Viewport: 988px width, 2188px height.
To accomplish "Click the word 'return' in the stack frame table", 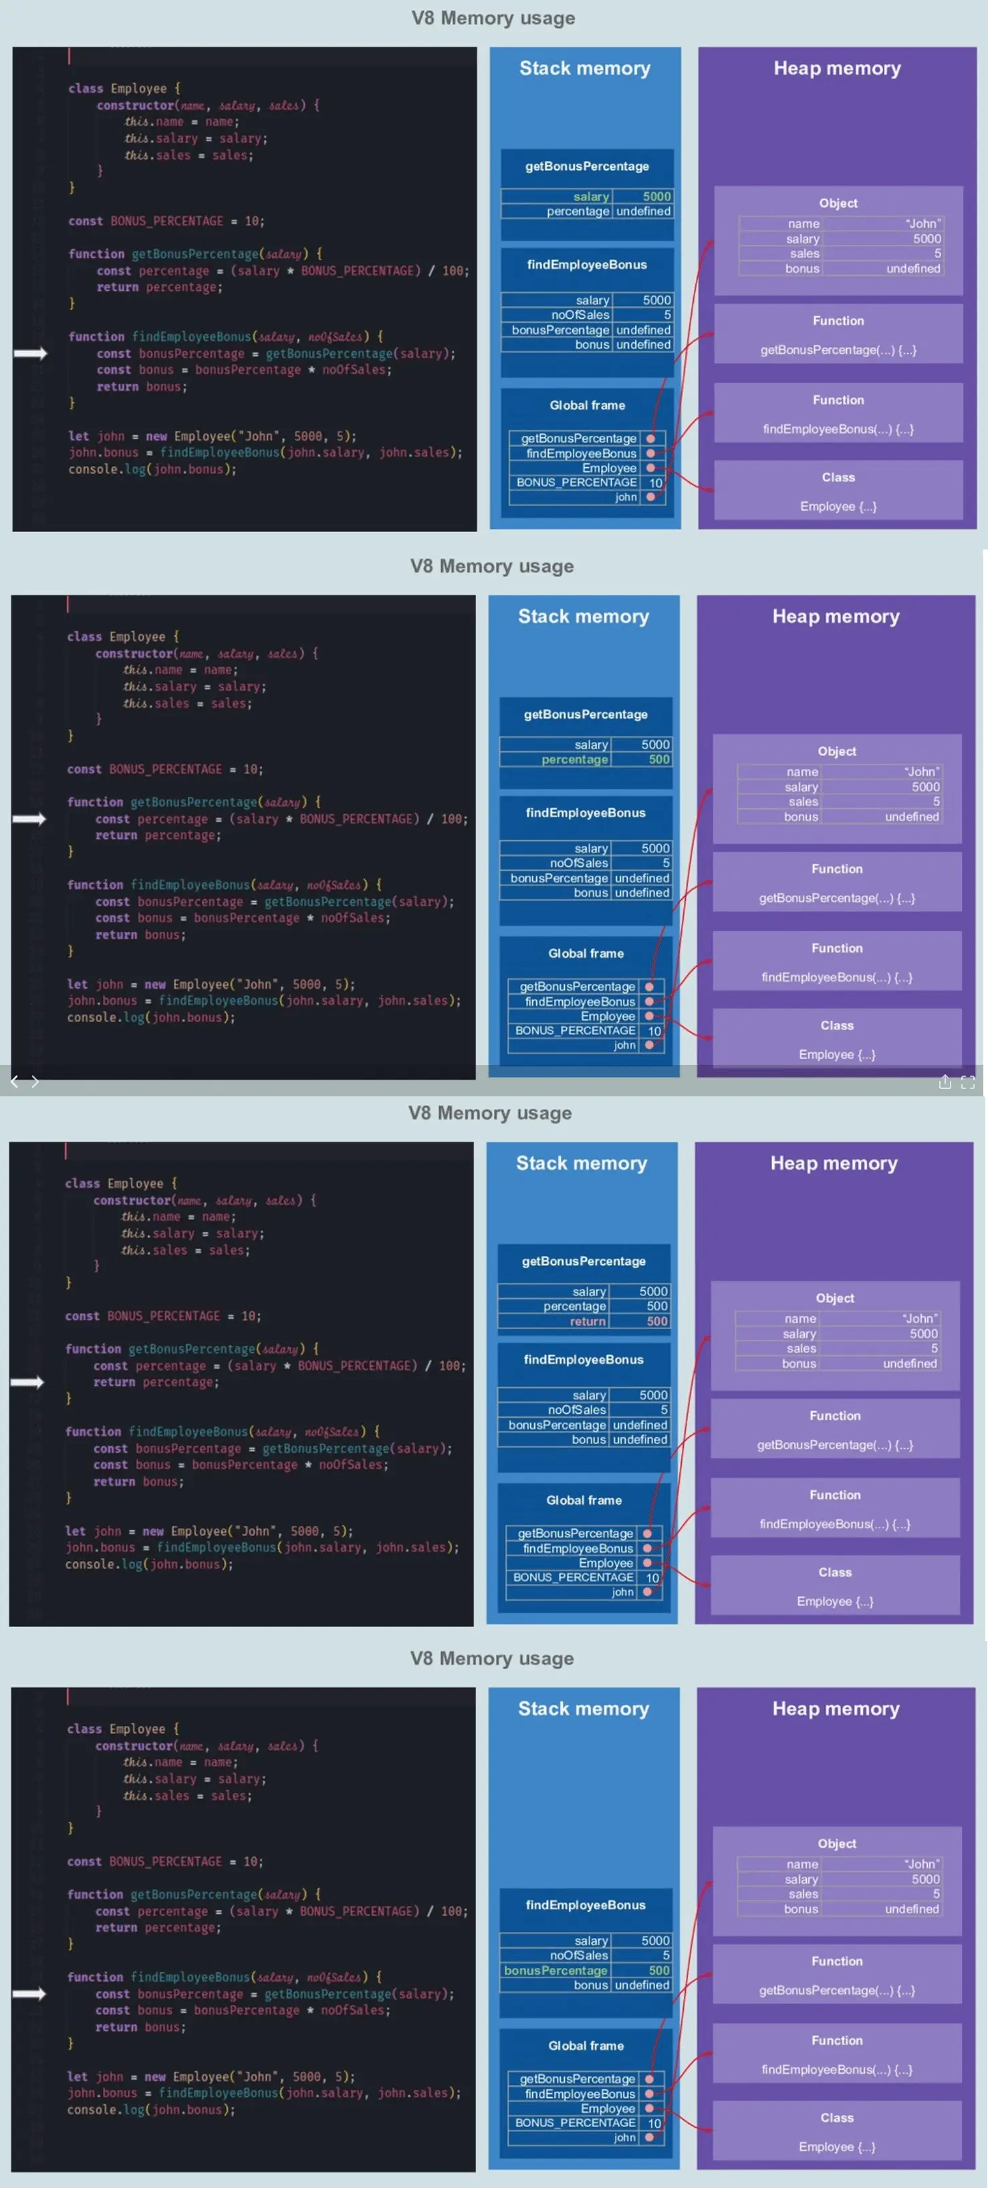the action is (587, 1321).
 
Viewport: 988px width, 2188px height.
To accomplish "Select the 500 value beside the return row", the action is (656, 1321).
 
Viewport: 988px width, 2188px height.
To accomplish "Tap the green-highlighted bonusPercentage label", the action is (555, 1969).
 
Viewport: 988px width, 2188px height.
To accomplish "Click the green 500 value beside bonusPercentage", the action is (658, 1969).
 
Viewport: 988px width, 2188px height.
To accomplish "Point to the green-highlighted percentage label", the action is (574, 759).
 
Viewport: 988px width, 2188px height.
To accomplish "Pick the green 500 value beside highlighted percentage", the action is (658, 759).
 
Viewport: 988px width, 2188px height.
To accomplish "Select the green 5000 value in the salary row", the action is (656, 197).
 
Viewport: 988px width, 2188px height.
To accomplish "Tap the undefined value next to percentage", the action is (643, 211).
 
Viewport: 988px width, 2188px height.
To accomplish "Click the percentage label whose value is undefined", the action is (578, 211).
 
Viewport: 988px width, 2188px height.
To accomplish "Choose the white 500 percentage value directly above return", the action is (656, 1306).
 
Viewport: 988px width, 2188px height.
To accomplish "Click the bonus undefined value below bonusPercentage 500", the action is (641, 1984).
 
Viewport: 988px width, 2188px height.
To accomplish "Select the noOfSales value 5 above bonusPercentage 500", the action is (665, 1955).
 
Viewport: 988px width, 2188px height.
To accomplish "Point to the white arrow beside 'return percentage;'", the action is (27, 1382).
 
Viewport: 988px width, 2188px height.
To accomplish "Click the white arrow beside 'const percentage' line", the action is (29, 819).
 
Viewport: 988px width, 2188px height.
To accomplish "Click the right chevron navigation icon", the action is (35, 1081).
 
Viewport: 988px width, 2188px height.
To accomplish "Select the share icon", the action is (945, 1081).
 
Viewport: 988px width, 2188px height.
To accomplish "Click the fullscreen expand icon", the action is (967, 1081).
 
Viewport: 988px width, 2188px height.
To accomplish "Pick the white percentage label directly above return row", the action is (574, 1306).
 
